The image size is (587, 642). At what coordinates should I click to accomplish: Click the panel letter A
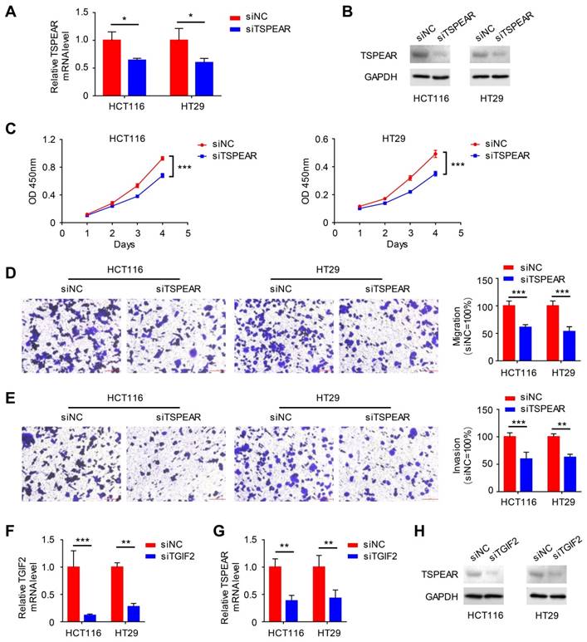[11, 12]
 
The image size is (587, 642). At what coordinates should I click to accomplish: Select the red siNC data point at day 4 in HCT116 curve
[162, 158]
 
